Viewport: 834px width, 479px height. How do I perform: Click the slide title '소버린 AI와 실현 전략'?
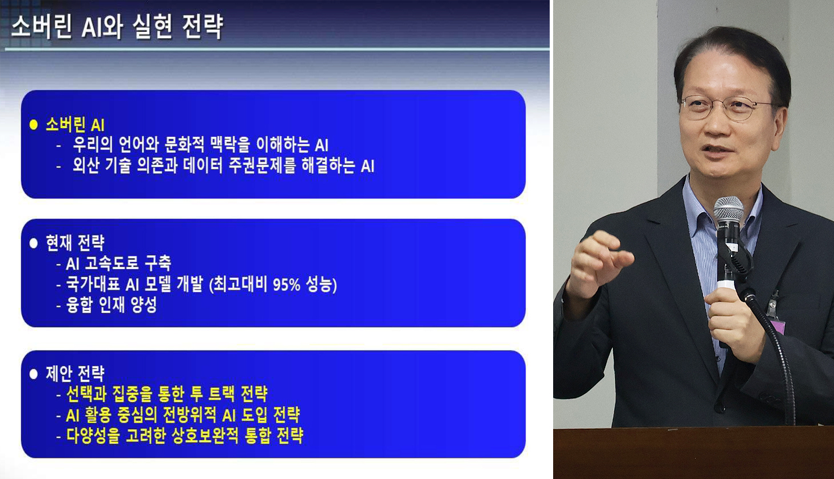117,27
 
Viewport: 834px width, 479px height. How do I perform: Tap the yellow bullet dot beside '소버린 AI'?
33,124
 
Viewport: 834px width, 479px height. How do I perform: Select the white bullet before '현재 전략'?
33,243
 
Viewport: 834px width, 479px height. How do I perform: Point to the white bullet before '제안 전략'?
33,374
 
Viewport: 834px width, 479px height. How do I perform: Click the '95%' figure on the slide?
286,284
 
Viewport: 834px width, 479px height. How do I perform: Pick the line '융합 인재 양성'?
111,305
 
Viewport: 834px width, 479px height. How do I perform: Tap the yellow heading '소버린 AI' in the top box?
75,124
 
